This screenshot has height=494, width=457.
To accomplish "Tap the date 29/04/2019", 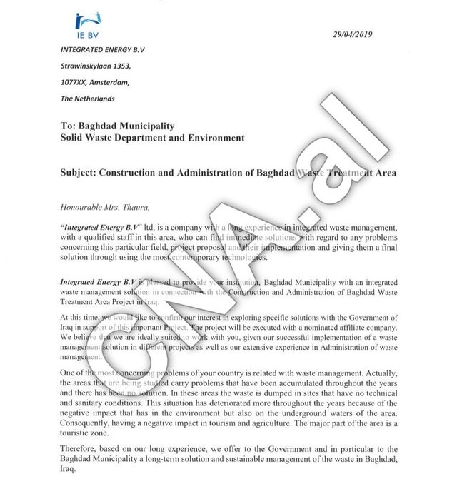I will click(x=353, y=34).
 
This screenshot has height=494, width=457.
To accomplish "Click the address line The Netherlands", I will click(x=88, y=99).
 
